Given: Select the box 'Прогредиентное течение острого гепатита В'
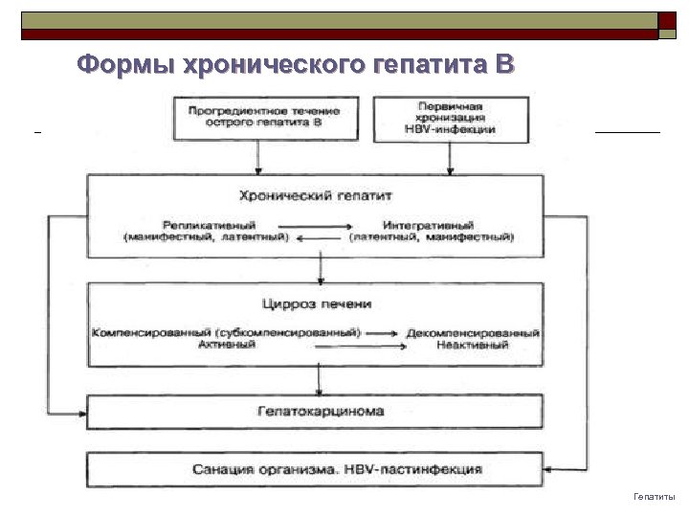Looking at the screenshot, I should [x=257, y=117].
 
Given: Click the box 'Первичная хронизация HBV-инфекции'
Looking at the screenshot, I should [x=450, y=118].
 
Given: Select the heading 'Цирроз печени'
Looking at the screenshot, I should [x=318, y=303].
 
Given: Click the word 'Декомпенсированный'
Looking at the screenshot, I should [x=473, y=332].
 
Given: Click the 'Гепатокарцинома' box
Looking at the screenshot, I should [x=319, y=412].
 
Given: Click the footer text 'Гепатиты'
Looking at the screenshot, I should [x=655, y=497].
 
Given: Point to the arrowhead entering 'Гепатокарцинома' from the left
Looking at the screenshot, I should [x=81, y=413].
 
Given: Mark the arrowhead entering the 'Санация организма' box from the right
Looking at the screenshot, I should [x=558, y=469].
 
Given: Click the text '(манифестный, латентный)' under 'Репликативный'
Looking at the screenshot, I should [x=206, y=236].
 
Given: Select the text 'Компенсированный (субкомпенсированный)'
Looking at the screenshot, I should [x=226, y=332].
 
